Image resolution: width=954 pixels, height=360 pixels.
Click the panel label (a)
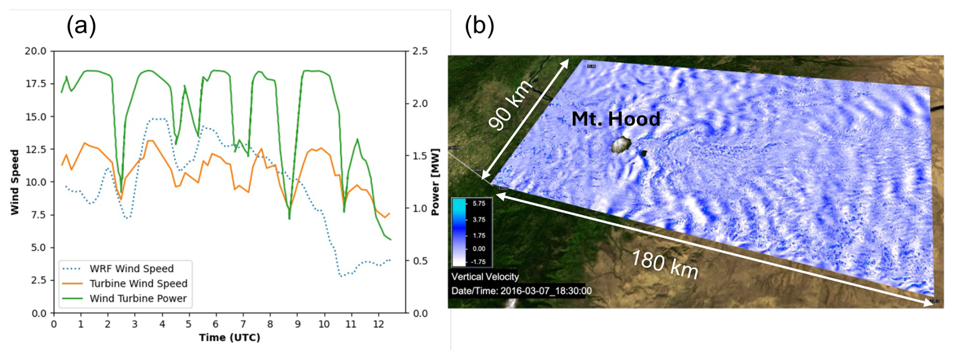(81, 26)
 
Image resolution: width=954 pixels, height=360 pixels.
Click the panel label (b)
(479, 26)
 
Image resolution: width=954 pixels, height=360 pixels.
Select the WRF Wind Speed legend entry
(131, 269)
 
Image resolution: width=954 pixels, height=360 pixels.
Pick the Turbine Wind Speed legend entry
(138, 283)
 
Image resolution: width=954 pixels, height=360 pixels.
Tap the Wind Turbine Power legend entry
(138, 298)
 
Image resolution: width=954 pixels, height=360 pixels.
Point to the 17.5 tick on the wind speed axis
(35, 83)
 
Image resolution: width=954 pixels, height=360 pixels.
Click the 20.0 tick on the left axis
(35, 51)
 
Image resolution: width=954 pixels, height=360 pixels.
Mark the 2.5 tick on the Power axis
(420, 51)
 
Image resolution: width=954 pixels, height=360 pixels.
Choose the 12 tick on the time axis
(378, 324)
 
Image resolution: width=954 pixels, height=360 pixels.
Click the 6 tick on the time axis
(216, 324)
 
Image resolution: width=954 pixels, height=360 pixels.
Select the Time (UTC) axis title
(229, 338)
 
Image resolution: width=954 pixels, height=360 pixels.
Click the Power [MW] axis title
(435, 182)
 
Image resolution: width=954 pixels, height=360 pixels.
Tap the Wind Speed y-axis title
(15, 182)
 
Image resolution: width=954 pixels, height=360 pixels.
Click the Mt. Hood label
(615, 119)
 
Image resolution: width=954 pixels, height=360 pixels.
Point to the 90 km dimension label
(510, 105)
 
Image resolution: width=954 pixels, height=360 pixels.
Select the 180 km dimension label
(665, 265)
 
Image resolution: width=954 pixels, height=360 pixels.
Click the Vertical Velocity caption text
(485, 276)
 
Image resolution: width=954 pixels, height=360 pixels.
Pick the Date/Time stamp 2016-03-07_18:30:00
(521, 291)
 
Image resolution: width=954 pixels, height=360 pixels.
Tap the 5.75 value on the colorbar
(479, 204)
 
